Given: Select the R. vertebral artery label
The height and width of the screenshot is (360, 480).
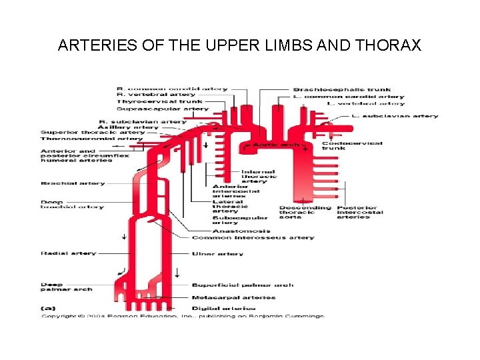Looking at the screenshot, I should (147, 95).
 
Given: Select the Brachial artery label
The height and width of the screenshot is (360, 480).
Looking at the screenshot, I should (73, 183).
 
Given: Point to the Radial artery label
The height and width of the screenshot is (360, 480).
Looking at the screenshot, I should (68, 253).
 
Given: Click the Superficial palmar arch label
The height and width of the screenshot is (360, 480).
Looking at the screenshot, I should (242, 285).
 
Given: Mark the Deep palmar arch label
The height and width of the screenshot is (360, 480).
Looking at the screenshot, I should (66, 287).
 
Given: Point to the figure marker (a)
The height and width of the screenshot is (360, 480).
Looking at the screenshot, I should (48, 308).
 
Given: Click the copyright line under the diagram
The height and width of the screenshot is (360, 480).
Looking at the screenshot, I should (183, 315).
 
